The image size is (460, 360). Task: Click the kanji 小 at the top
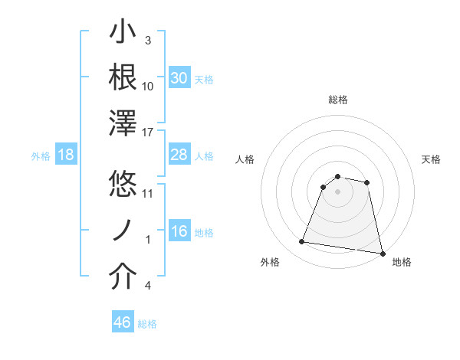pos(123,34)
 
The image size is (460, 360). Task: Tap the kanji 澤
pos(123,125)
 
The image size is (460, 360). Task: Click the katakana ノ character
pos(123,231)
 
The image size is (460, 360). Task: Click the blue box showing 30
pos(179,78)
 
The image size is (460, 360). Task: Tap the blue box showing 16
pos(179,232)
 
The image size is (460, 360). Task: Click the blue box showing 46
pos(122,322)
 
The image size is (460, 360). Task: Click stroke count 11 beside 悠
pos(148,192)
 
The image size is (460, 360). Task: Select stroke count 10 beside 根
pos(148,86)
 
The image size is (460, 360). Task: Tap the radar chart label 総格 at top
pos(338,100)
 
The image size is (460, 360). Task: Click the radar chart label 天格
pos(432,159)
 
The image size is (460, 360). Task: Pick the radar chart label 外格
pos(270,262)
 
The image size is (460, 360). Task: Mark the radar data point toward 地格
pos(382,253)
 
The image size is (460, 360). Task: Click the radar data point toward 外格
pos(302,242)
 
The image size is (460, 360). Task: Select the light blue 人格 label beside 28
pos(204,156)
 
